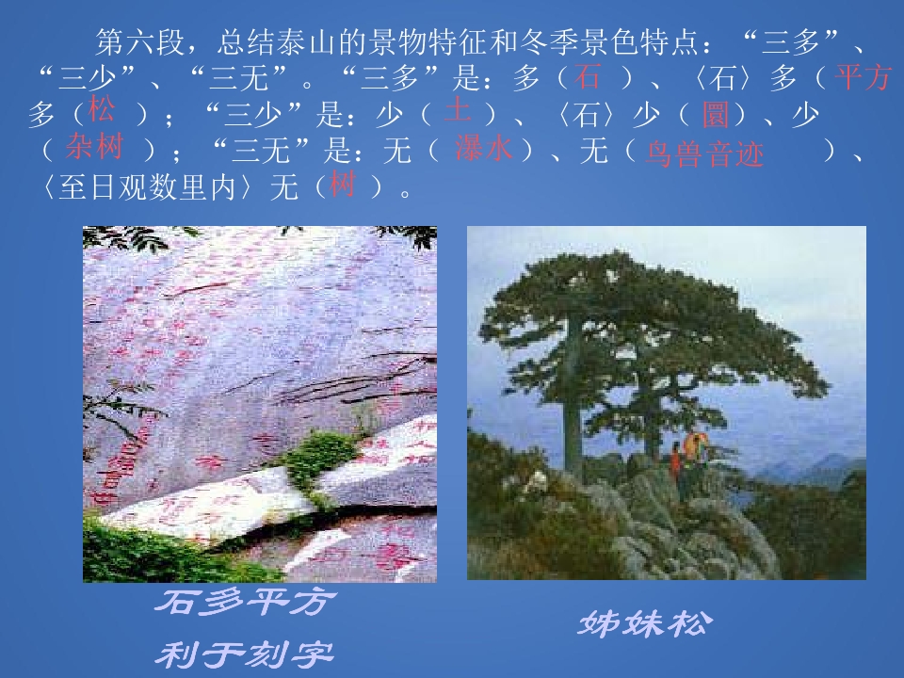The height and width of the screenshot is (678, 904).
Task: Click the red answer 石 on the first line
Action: [589, 75]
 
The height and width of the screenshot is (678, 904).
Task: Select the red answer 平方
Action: [863, 77]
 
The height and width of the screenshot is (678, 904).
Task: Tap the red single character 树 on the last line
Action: [342, 185]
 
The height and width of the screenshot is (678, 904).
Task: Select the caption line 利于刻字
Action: [244, 653]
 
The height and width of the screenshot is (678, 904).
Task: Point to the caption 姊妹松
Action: [646, 622]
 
